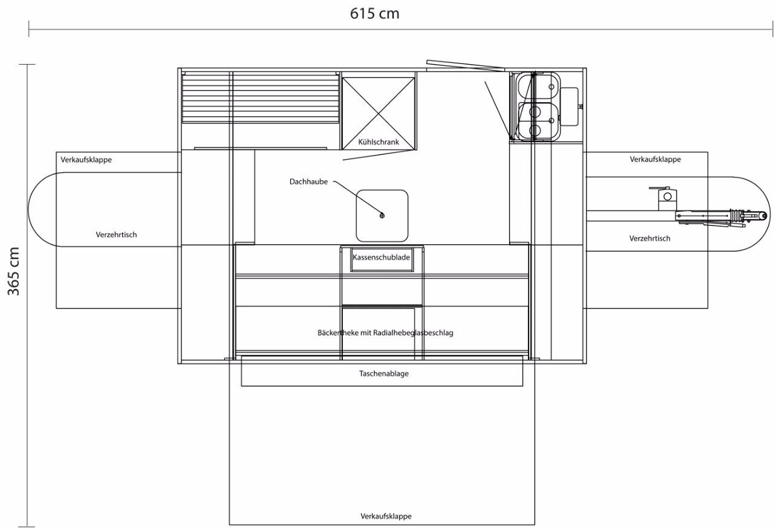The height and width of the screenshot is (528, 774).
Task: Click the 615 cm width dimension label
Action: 374,14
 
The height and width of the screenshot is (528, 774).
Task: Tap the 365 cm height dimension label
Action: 13,271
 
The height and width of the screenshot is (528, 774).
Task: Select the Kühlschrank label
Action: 379,142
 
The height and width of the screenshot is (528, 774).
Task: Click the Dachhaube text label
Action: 308,182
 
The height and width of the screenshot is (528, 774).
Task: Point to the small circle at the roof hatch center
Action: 382,216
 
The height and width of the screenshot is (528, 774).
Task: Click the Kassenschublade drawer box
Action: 382,259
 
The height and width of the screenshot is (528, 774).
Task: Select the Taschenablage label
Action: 384,374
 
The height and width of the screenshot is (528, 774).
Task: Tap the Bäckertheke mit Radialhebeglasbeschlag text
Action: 385,333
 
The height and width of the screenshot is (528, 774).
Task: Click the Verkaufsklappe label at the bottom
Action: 386,517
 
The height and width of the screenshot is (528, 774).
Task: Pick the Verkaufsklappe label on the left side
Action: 86,160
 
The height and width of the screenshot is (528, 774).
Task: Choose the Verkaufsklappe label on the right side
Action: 655,160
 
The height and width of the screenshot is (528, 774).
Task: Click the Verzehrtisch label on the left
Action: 116,235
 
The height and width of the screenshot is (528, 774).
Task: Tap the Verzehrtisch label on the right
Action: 649,238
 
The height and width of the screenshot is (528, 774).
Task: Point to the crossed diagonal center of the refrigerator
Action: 379,114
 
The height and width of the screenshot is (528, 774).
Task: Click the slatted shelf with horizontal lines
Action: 260,98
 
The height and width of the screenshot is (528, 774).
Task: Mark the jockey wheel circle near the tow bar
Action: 668,197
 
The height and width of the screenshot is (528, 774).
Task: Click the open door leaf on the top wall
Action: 466,66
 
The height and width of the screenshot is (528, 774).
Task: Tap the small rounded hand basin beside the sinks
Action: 569,106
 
